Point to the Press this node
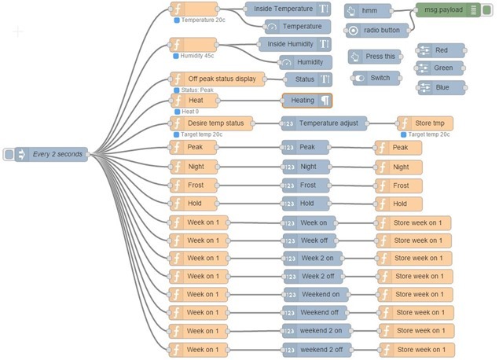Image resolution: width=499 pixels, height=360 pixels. click(x=375, y=57)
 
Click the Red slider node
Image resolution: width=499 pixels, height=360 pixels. click(x=440, y=50)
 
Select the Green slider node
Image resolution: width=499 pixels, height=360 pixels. click(x=440, y=68)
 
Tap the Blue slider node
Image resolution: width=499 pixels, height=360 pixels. click(x=440, y=87)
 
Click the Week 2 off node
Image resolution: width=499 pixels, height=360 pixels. click(x=317, y=276)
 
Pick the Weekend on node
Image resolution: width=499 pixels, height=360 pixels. click(x=317, y=294)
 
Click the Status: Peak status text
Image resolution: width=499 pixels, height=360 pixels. click(x=196, y=90)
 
